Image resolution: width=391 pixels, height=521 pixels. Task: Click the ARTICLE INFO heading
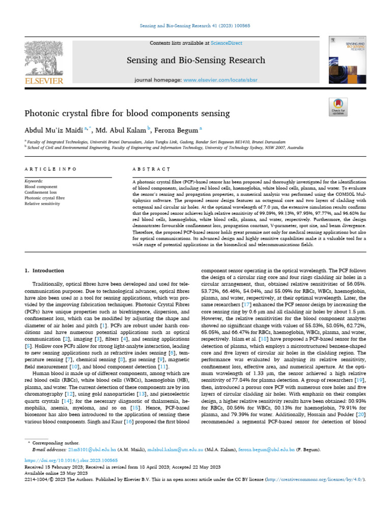coord(51,168)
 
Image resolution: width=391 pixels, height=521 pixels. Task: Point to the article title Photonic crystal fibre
coord(127,113)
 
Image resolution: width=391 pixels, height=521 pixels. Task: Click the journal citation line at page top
coord(195,26)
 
